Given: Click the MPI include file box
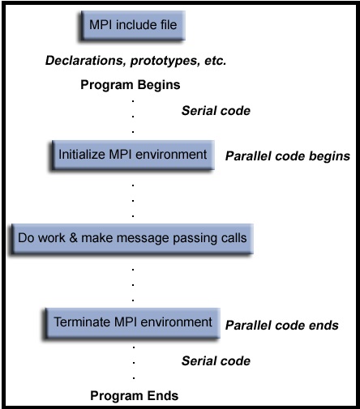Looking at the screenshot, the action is pos(133,26).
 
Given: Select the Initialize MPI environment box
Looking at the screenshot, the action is pos(133,156).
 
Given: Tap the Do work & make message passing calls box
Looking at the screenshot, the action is pos(132,239).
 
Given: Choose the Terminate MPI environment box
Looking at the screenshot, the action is pos(132,323).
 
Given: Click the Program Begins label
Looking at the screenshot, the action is pos(131,85).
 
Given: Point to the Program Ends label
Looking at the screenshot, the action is pos(135,396).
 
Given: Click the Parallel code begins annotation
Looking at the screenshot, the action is pos(288,156).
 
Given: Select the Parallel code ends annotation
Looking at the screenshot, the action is pos(282,326).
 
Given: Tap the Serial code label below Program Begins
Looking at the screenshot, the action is pos(216,111).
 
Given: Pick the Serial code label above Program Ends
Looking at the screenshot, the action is pos(216,361).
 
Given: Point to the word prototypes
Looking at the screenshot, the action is pos(165,62).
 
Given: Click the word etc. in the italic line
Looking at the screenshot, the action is pos(216,61).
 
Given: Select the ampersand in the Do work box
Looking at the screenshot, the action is pos(73,238).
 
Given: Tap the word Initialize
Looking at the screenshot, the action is pos(82,155).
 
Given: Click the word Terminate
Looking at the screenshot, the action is pos(83,322).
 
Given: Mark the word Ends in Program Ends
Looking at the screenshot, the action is pos(163,396).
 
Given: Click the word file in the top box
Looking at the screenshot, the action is pos(169,25).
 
